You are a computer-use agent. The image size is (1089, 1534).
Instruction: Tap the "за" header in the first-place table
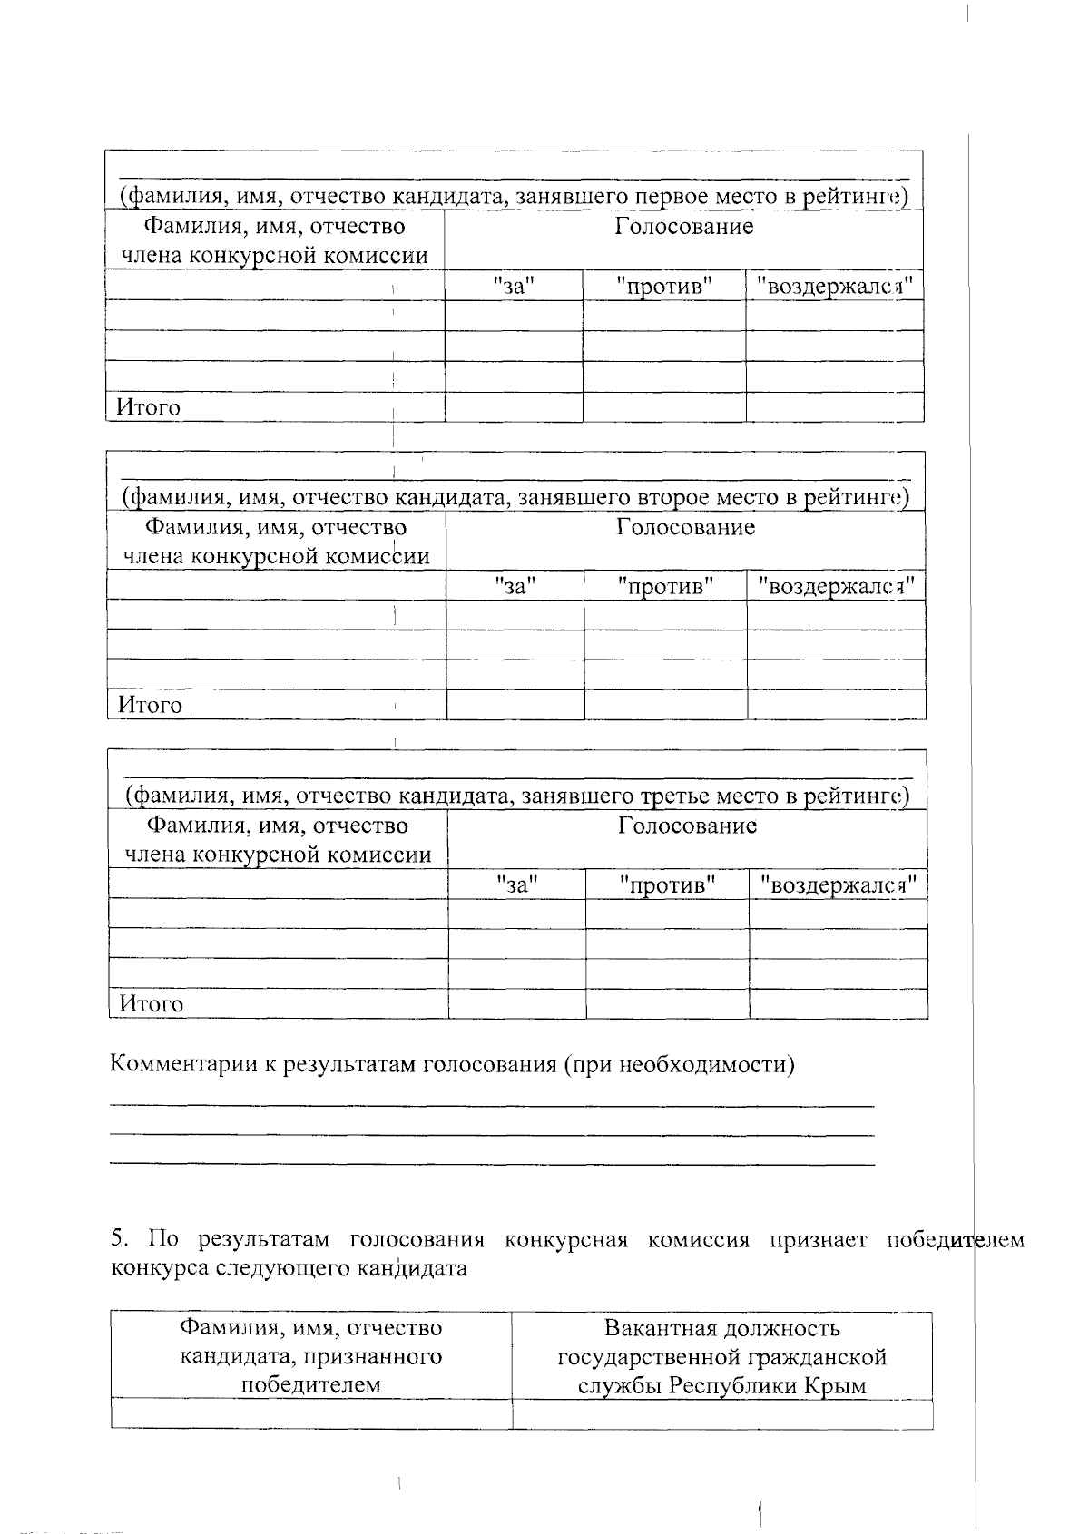[514, 286]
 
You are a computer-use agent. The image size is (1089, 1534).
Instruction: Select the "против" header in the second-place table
[665, 586]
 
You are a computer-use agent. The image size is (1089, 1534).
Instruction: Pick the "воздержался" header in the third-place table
[838, 884]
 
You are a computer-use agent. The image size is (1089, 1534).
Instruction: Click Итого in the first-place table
[147, 407]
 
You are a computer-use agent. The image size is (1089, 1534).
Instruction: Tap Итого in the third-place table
[151, 1004]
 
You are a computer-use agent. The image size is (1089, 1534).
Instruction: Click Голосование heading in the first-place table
[683, 226]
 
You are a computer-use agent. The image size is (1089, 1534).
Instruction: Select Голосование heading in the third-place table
[687, 826]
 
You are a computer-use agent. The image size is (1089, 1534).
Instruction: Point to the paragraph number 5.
[118, 1239]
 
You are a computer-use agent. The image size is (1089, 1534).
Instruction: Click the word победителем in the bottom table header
[310, 1385]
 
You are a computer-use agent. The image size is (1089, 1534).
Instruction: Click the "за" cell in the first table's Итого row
[514, 407]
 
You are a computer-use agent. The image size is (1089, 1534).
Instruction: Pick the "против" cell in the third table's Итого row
[667, 1004]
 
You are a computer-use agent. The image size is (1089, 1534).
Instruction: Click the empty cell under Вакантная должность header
[721, 1414]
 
